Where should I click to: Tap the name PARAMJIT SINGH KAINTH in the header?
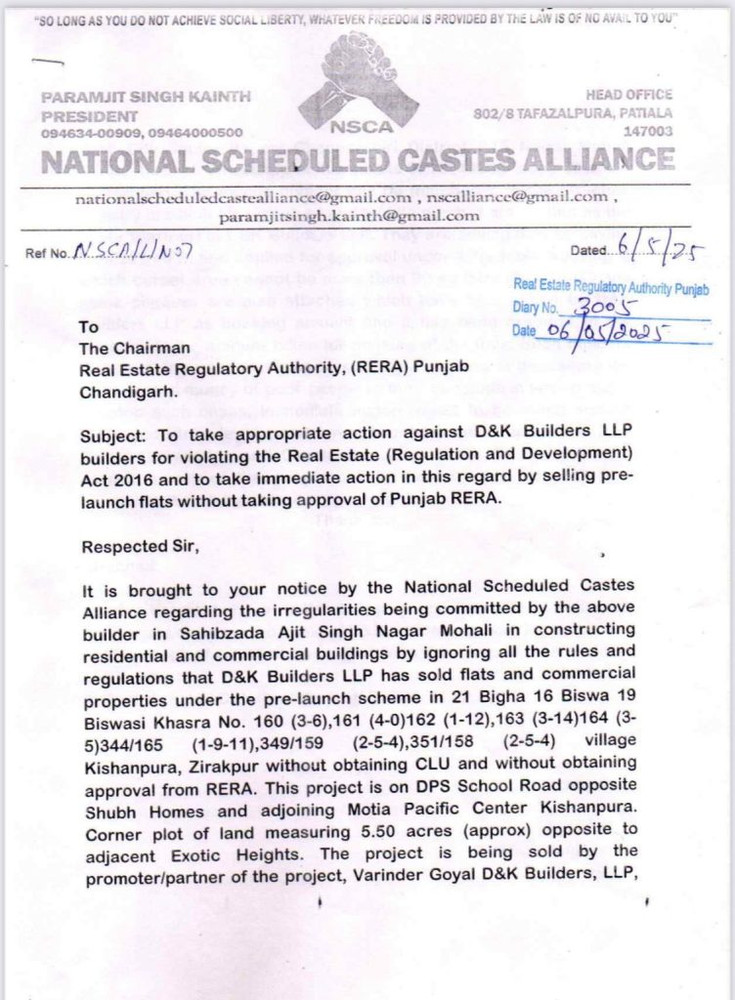click(x=146, y=97)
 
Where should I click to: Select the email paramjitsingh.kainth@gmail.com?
click(x=349, y=216)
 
